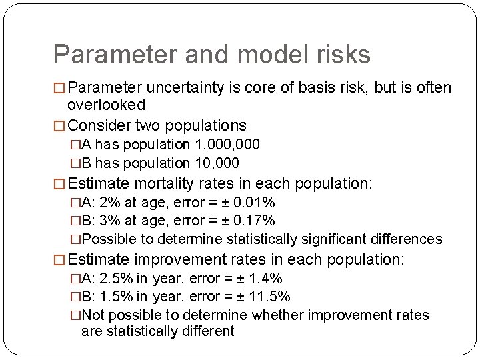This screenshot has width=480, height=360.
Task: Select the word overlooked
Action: [x=107, y=105]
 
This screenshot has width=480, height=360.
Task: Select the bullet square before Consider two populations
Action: [x=59, y=125]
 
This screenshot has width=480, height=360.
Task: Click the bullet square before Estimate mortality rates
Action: [x=59, y=184]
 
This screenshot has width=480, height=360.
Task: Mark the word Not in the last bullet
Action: [x=92, y=315]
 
